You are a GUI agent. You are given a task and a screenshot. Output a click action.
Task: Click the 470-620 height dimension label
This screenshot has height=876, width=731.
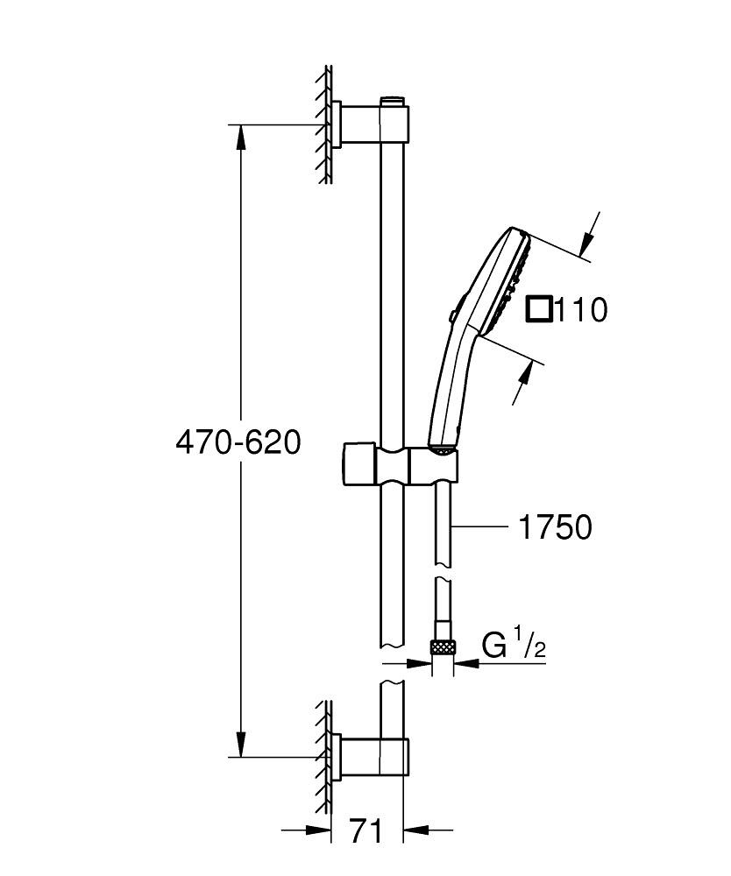pyautogui.click(x=238, y=442)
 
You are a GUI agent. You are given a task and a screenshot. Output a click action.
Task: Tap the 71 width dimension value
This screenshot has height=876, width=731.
pyautogui.click(x=366, y=830)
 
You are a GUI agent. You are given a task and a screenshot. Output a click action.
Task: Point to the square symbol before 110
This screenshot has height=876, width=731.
pyautogui.click(x=539, y=309)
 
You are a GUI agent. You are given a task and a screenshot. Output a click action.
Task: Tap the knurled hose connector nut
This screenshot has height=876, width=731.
pyautogui.click(x=443, y=647)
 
